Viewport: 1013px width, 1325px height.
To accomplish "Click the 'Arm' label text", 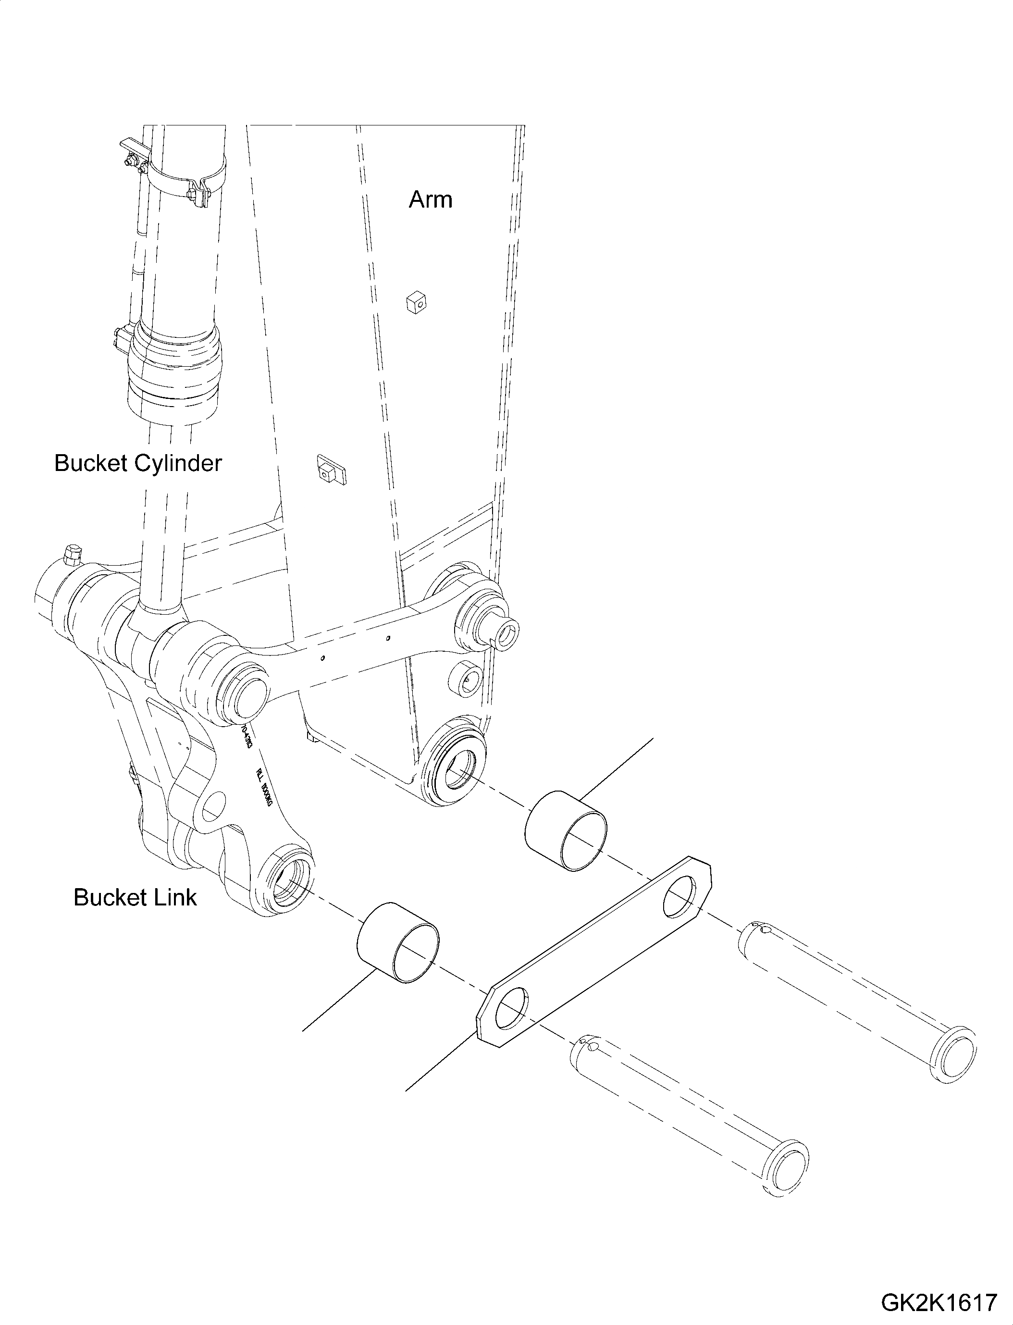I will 430,199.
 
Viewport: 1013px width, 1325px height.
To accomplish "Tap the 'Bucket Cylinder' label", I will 138,463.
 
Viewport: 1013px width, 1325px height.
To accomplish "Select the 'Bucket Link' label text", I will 135,897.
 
